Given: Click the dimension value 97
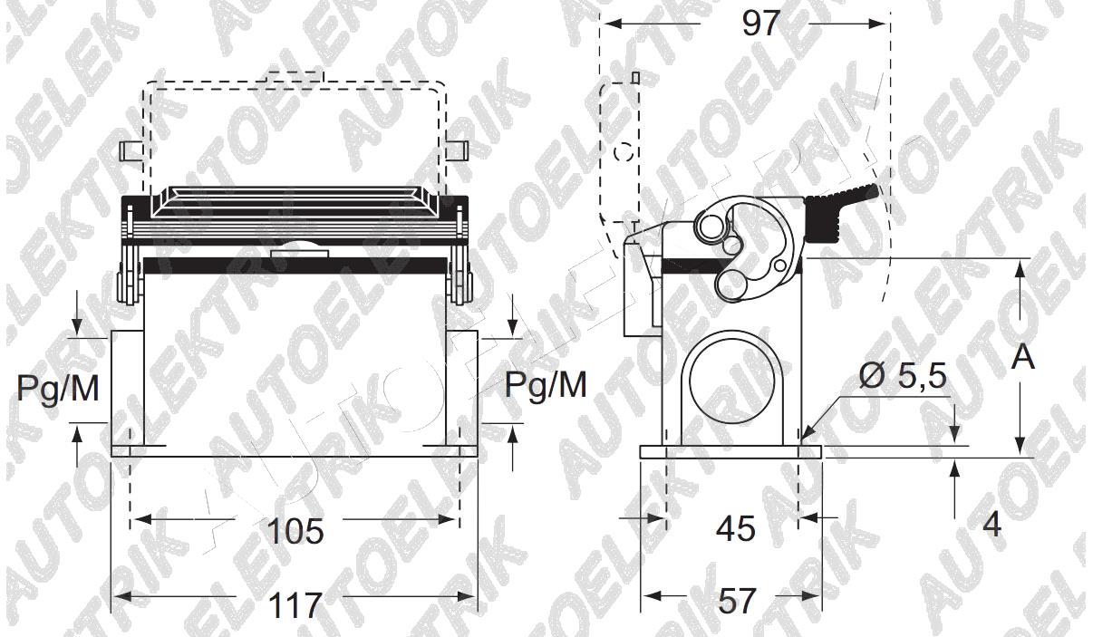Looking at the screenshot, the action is point(760,23).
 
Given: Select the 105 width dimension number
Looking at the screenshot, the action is point(295,531).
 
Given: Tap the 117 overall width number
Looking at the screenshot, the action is point(295,605).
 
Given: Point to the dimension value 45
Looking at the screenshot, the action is point(736,528).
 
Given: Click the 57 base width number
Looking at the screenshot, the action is point(737,601).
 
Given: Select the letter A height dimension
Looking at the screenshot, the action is point(1022,358).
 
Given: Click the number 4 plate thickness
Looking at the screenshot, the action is point(992,525).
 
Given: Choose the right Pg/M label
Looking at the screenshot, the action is point(546,385).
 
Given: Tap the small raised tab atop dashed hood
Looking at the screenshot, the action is point(295,77).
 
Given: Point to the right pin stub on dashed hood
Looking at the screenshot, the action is point(457,150).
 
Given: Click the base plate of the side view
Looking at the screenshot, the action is point(731,452).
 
